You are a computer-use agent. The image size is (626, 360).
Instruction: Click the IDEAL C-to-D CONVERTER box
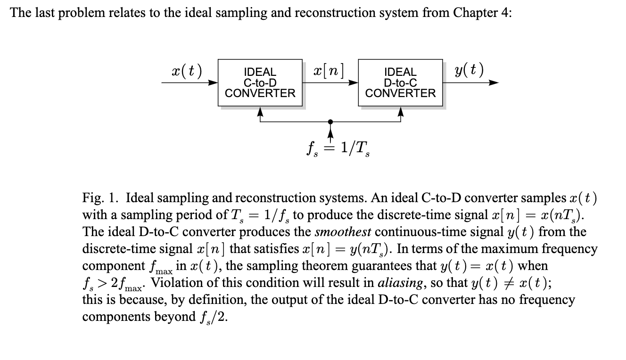pos(260,82)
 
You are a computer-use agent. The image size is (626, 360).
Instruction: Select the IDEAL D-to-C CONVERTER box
pos(400,82)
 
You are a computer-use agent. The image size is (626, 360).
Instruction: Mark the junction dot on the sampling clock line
pos(330,121)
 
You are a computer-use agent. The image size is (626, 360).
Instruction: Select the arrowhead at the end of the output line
pos(494,83)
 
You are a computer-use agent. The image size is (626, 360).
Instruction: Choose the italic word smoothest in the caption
pos(343,232)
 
